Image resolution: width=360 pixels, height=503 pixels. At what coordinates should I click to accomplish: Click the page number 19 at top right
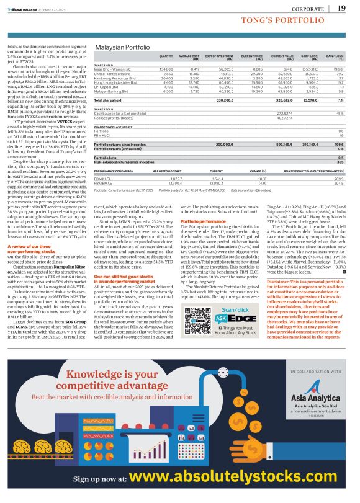tap(341, 8)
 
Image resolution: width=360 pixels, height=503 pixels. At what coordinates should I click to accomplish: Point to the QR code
tap(200, 311)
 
